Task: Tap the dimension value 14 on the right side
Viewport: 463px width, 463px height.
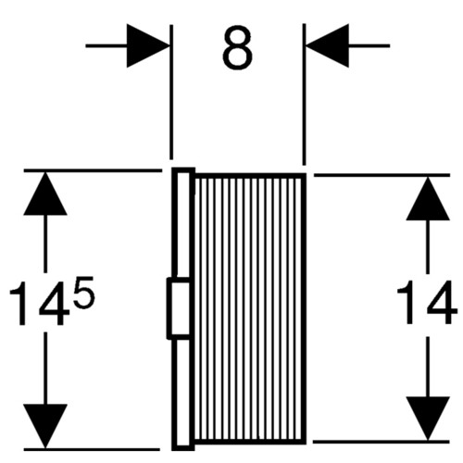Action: coord(427,303)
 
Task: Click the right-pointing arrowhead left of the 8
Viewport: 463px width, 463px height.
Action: coord(148,45)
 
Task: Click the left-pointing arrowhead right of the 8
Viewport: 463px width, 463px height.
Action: coord(328,45)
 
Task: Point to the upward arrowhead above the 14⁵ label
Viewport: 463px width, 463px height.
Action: coord(45,194)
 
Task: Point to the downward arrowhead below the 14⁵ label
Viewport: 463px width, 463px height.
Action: coord(45,426)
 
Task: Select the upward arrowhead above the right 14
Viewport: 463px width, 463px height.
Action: coord(428,198)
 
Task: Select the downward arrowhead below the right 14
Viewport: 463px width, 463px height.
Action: coord(428,419)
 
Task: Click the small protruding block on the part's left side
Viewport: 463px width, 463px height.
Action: coord(178,308)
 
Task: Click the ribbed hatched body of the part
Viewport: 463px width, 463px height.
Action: coord(250,309)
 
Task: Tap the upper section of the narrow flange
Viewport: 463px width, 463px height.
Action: coord(183,223)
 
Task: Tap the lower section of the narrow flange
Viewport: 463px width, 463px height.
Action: coord(183,394)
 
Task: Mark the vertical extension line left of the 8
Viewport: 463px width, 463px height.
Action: coord(171,92)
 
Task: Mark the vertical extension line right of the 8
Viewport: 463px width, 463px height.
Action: coord(304,94)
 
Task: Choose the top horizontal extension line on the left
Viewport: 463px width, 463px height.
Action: coord(93,170)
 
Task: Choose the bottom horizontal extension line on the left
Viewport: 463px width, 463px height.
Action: coord(92,449)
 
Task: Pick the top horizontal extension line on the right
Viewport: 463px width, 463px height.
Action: coord(382,175)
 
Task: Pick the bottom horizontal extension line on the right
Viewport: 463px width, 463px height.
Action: coord(382,442)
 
